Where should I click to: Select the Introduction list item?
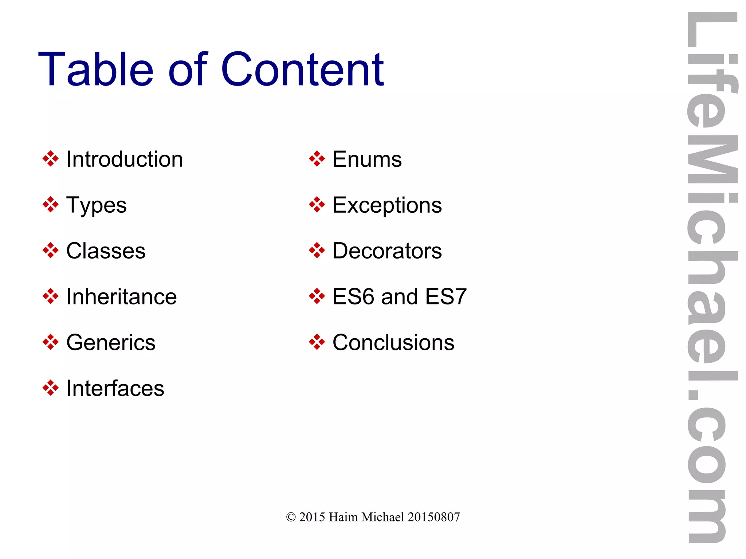125,160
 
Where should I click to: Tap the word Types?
97,205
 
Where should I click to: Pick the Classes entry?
106,251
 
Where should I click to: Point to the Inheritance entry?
122,297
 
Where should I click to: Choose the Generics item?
111,343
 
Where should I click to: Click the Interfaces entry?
115,388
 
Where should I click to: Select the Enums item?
367,160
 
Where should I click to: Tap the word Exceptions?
387,205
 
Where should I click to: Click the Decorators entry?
387,251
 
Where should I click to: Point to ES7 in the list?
446,297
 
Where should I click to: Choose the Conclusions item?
393,343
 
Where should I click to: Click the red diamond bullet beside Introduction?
50,159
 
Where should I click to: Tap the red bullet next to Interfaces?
50,388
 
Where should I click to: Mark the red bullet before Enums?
317,159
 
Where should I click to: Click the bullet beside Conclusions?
317,342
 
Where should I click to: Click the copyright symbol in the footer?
291,517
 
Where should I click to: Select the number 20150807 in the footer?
433,517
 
